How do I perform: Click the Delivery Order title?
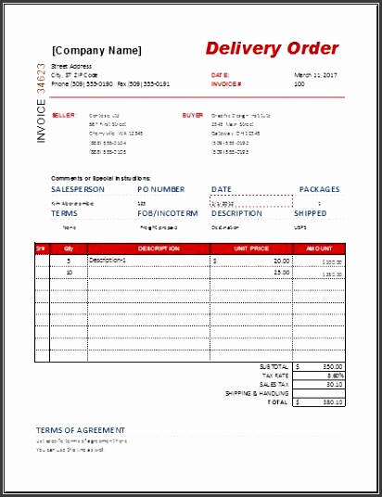(x=272, y=48)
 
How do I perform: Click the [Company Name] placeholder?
(x=97, y=50)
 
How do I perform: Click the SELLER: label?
(x=63, y=116)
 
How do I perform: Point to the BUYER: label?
(x=193, y=116)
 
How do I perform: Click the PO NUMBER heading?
(x=160, y=189)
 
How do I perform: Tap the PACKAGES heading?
(x=320, y=189)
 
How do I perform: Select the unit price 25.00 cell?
(x=281, y=273)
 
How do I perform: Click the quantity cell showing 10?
(x=70, y=273)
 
